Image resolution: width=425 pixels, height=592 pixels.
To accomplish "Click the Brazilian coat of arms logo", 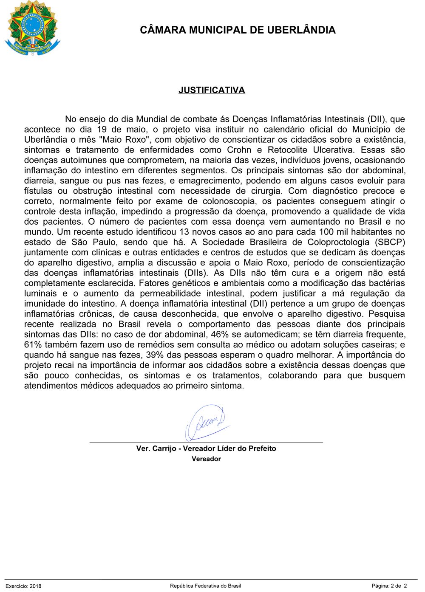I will (32, 28).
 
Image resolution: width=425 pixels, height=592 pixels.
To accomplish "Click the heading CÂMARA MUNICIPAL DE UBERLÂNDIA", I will (238, 30).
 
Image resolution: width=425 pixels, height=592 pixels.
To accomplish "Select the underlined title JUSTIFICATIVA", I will (212, 90).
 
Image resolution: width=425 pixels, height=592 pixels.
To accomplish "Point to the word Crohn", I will (239, 150).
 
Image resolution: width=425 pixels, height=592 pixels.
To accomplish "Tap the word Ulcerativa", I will (333, 150).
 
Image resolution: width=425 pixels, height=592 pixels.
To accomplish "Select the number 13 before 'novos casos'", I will (184, 232).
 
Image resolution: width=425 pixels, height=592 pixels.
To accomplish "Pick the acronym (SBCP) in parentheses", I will (390, 242).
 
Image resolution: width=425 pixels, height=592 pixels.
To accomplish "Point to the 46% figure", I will (220, 334).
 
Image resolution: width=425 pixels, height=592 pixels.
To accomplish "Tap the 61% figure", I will (33, 344).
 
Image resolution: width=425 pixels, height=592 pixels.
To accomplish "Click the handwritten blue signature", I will (206, 423).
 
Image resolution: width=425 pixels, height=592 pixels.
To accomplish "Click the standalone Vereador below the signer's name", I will (206, 459).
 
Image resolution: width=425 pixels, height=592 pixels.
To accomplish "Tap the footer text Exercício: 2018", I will (23, 586).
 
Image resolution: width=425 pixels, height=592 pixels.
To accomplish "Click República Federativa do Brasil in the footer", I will (205, 586).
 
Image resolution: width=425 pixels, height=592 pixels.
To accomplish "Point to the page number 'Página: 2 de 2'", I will (389, 586).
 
